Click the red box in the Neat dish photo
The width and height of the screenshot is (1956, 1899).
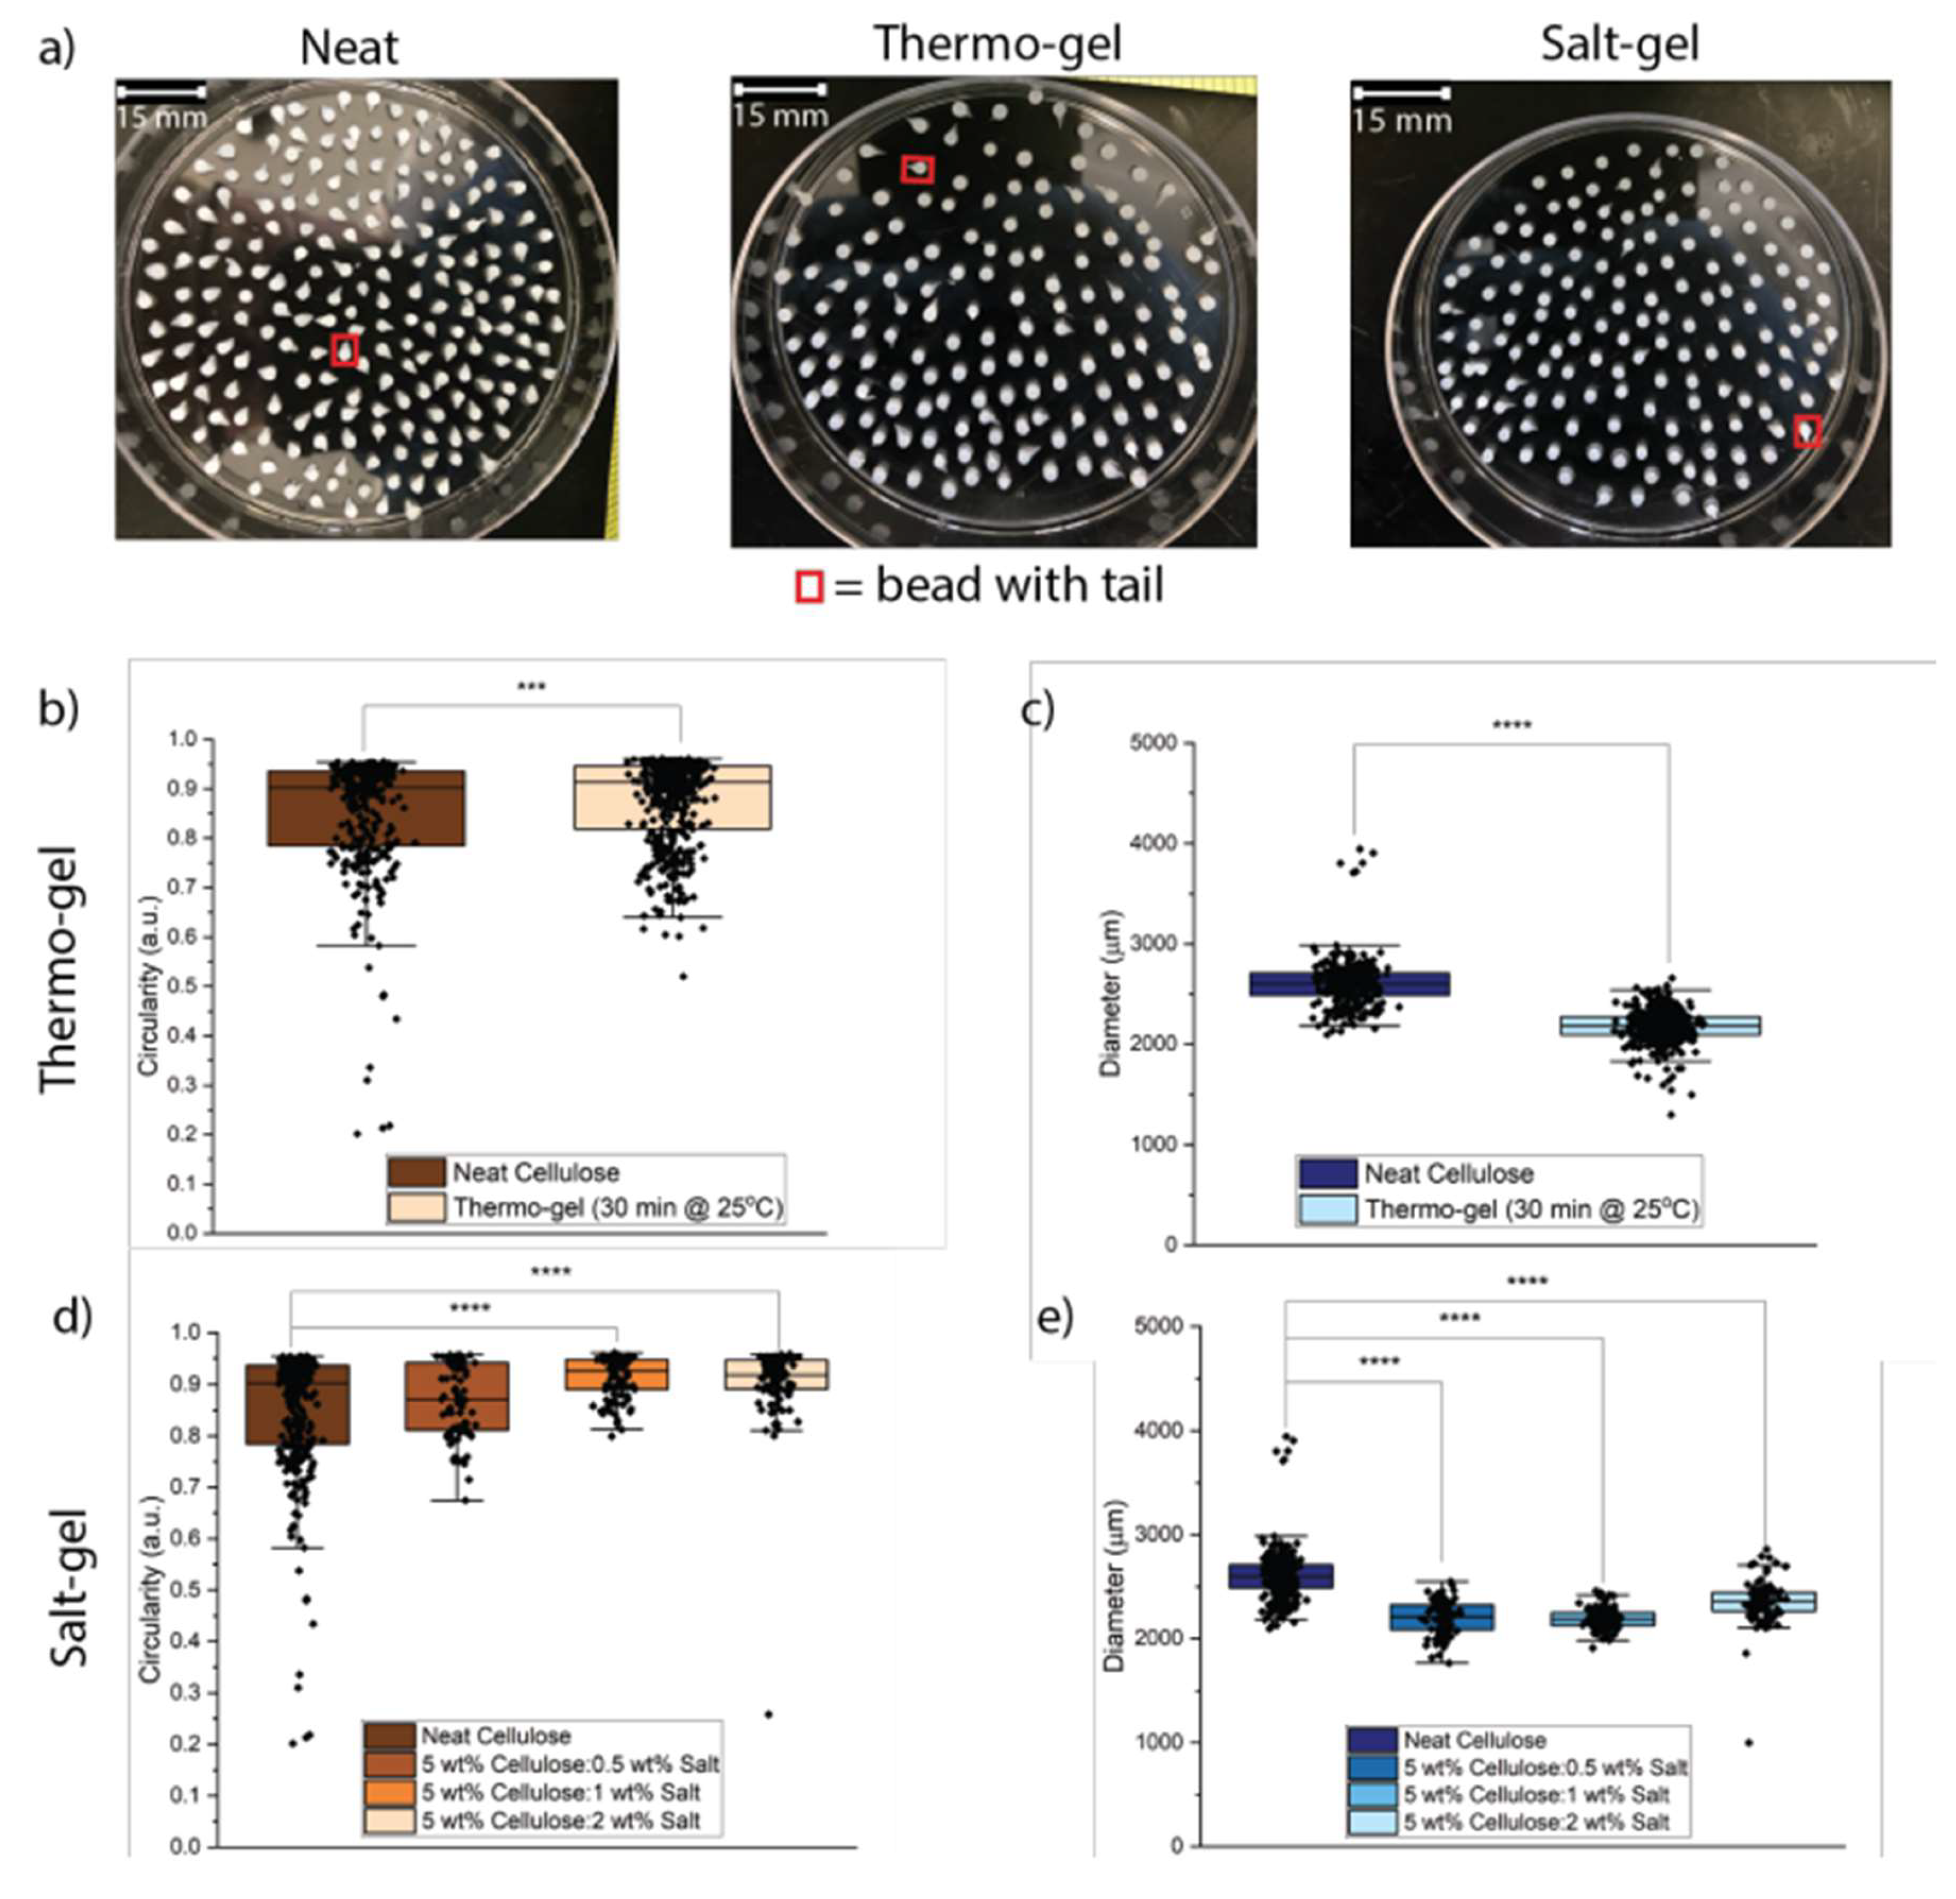(345, 350)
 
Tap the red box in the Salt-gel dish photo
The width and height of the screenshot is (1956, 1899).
(1806, 431)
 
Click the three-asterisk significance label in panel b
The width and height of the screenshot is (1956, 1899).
(531, 686)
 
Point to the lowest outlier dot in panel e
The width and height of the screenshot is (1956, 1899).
(1748, 1743)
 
